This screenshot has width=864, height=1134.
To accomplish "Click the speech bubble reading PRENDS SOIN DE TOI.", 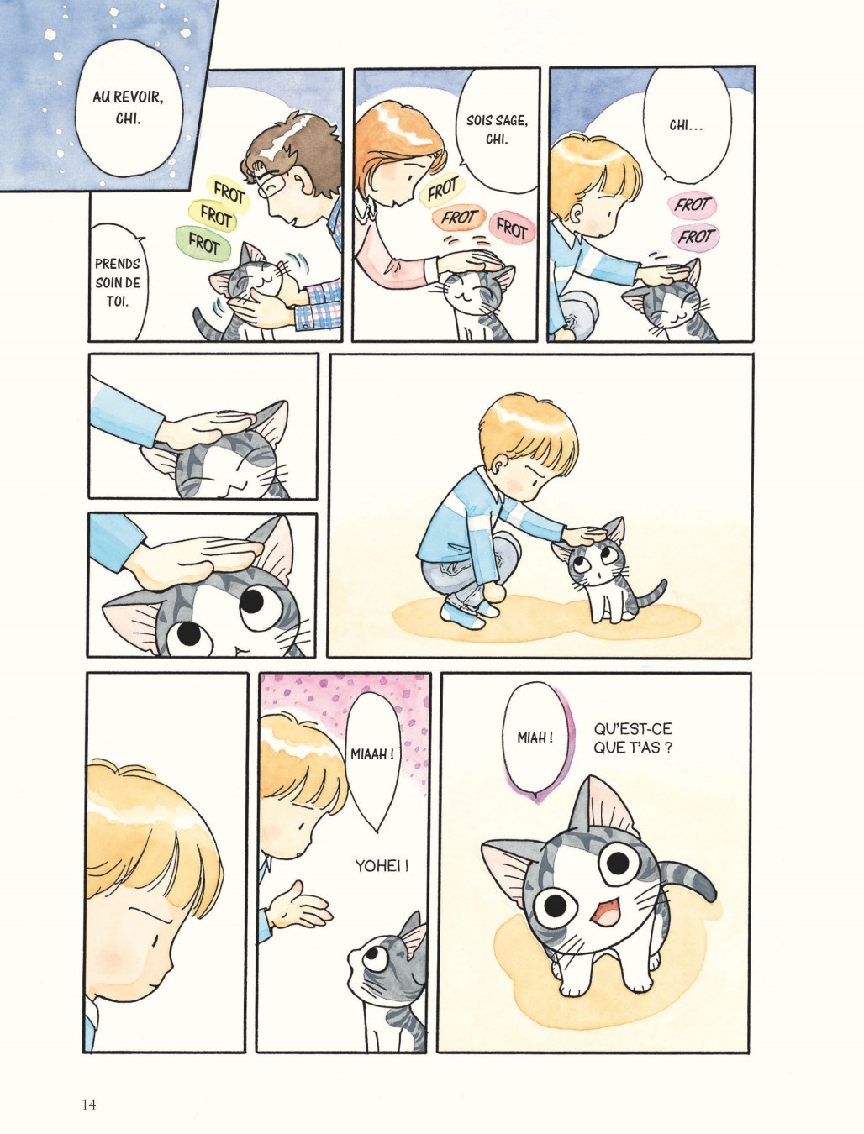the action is [118, 281].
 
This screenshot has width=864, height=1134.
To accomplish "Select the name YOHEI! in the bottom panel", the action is [382, 865].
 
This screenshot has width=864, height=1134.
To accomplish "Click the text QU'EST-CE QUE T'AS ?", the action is [633, 738].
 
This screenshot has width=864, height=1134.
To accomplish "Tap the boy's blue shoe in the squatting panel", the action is [462, 614].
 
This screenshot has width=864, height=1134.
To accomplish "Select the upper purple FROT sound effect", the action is [691, 204].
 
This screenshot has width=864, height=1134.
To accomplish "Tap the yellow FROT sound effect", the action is [215, 214].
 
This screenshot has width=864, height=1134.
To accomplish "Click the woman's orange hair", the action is [398, 141].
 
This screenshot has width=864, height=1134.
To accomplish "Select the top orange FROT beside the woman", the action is [442, 188].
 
